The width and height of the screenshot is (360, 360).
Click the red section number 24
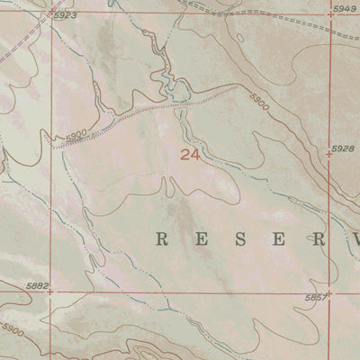(x=188, y=155)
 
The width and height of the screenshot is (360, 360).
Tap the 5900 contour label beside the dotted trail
(x=76, y=134)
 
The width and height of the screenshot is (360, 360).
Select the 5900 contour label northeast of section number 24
(x=259, y=103)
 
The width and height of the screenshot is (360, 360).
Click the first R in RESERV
(x=163, y=239)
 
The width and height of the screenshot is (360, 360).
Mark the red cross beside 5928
(x=329, y=155)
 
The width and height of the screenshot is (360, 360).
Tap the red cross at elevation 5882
(x=50, y=292)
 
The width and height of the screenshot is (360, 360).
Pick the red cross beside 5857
(x=329, y=292)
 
